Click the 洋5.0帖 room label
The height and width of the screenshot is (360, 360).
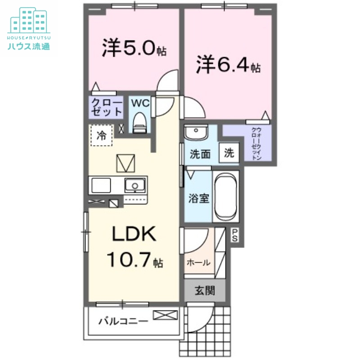coord(134,49)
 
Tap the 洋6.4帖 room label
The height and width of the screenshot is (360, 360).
coord(228,65)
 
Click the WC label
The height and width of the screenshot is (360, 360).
coord(140,103)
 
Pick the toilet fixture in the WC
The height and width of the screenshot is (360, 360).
coord(140,121)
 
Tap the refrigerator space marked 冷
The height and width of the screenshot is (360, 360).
coord(102,135)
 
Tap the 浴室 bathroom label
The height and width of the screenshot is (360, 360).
coord(198,198)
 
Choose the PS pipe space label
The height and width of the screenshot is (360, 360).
coord(235,235)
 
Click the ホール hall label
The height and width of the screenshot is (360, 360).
coord(198,263)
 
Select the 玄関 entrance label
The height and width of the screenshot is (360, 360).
coord(204,291)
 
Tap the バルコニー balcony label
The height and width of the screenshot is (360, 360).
coord(123,321)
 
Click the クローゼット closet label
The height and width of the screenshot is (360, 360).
coord(106,108)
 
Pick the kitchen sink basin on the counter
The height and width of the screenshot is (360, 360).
coord(134,184)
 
